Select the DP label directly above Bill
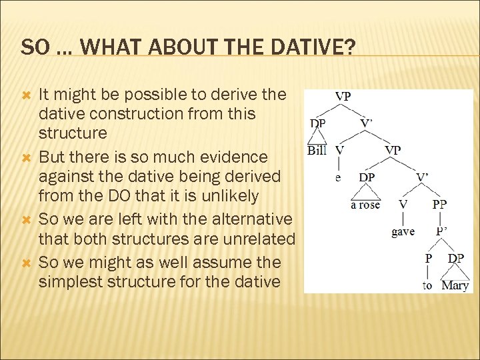click(318, 123)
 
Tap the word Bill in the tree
click(316, 151)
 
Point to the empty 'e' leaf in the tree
click(338, 177)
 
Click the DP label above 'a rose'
click(367, 178)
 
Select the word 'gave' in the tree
click(403, 231)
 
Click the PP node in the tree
click(439, 205)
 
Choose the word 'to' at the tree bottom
click(427, 285)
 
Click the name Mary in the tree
click(455, 285)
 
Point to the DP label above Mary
click(456, 258)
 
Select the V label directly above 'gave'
click(403, 205)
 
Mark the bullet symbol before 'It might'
click(27, 95)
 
